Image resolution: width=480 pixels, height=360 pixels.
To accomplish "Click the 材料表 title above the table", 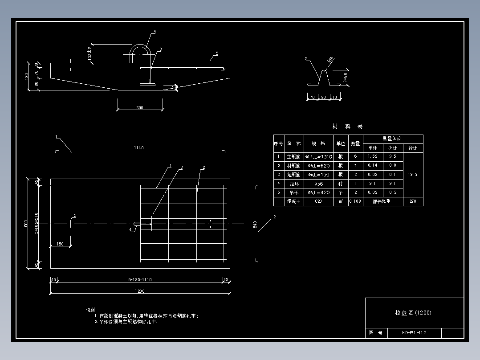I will (x=348, y=127).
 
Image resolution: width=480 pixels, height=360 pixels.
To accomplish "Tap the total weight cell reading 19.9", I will (x=413, y=175).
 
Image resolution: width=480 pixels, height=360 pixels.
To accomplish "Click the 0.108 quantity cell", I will (x=355, y=201).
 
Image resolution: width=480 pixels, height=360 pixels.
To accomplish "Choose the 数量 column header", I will (x=355, y=143).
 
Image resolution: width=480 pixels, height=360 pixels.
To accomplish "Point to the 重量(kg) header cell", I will (x=393, y=139).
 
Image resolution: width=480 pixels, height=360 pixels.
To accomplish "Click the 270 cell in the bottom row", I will (x=413, y=201).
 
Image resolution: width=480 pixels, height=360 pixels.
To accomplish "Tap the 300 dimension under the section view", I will (x=140, y=108).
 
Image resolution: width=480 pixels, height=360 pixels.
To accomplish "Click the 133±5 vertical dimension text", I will (x=90, y=53).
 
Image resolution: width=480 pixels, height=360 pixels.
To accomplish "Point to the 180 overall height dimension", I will (x=27, y=76).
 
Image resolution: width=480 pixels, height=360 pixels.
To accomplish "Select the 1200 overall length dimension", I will (x=139, y=291).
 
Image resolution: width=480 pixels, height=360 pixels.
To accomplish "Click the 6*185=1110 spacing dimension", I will (x=139, y=279).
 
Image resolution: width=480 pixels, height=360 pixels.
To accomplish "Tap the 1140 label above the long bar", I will (x=139, y=147).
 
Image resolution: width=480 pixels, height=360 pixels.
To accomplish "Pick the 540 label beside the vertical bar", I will (x=255, y=224).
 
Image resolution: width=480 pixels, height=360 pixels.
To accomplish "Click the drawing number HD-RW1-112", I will (x=414, y=333).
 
